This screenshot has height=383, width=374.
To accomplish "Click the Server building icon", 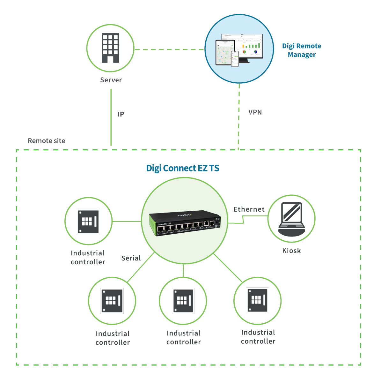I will [x=110, y=48].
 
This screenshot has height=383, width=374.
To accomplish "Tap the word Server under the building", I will [x=111, y=80].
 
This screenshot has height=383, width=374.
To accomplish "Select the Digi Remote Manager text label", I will [x=301, y=50].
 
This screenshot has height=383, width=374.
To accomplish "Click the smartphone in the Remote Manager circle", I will [x=235, y=58].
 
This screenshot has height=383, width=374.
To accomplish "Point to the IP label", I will [x=121, y=114].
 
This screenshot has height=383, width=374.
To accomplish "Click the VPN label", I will [x=255, y=112].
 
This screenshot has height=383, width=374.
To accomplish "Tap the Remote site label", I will [x=47, y=141].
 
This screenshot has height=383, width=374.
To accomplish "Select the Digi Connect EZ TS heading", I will [x=182, y=168].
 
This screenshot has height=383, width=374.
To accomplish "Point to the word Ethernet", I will [x=249, y=209].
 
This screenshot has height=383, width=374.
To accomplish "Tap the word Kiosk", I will [x=291, y=251].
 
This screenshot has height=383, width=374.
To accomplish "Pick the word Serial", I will [x=131, y=258].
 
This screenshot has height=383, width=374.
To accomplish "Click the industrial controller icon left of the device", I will [x=88, y=221].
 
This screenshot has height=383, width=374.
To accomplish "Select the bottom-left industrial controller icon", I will [x=112, y=301].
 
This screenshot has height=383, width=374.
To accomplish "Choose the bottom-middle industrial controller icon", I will [x=183, y=301].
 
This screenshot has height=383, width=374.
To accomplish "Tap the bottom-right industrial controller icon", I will [x=258, y=300].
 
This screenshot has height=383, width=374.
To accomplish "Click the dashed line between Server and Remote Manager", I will [x=169, y=49].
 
